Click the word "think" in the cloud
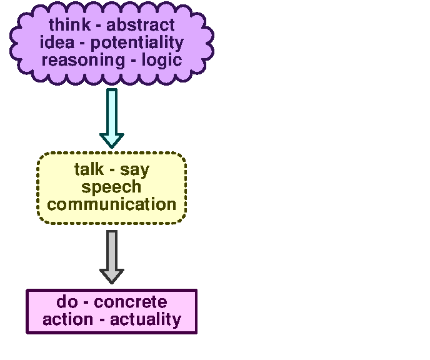pos(70,26)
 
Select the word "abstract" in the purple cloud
pos(141,26)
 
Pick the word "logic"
pos(161,60)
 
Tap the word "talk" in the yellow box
pos(89,169)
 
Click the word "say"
pos(135,169)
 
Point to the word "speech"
pos(112,187)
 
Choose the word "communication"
pos(112,204)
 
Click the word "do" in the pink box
pos(67,302)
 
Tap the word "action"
pos(66,319)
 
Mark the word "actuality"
pos(146,319)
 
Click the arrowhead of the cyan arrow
pos(112,139)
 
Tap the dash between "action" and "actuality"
pos(101,321)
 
